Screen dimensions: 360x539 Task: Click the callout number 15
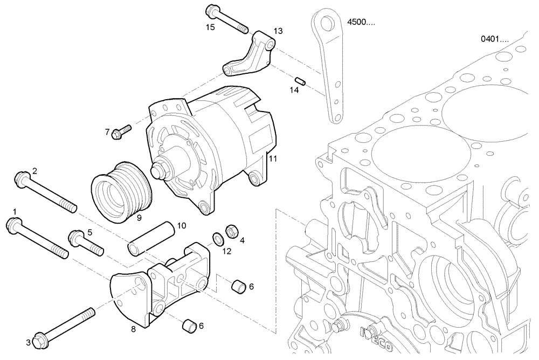[210, 27]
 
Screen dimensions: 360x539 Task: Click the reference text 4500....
[360, 22]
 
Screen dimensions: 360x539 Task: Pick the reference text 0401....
[494, 39]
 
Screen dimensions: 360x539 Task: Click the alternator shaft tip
[158, 172]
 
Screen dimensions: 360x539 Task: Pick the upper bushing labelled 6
[239, 287]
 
